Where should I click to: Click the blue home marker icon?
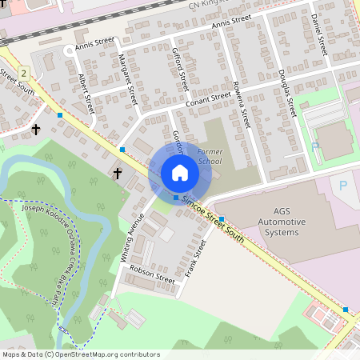pyautogui.click(x=179, y=173)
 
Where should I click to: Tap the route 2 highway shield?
pyautogui.click(x=25, y=73)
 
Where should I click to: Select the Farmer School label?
pyautogui.click(x=210, y=155)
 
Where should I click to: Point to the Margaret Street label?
pyautogui.click(x=128, y=80)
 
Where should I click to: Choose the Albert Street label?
pyautogui.click(x=86, y=93)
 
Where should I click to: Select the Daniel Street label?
pyautogui.click(x=320, y=34)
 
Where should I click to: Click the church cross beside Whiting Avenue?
pyautogui.click(x=118, y=173)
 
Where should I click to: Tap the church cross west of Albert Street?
pyautogui.click(x=35, y=129)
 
